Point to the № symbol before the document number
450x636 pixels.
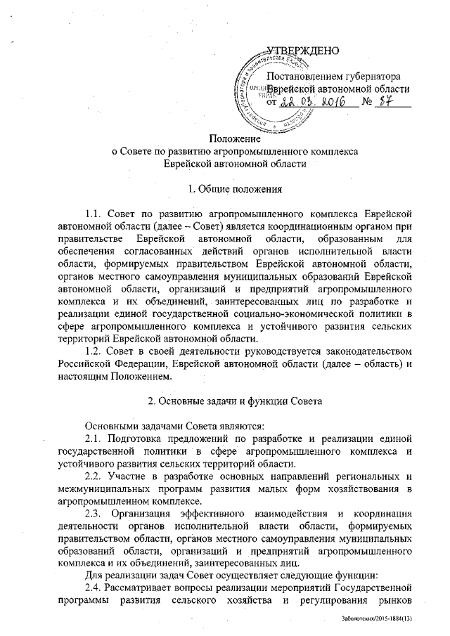[366, 103]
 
